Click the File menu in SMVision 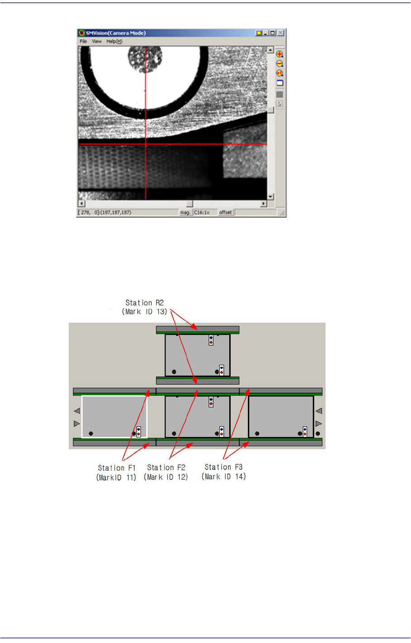coord(83,42)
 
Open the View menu coord(97,42)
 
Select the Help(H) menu coord(114,42)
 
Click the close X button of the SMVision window coord(280,33)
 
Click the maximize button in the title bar coord(273,33)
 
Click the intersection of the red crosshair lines coord(146,144)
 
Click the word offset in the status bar coord(225,212)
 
